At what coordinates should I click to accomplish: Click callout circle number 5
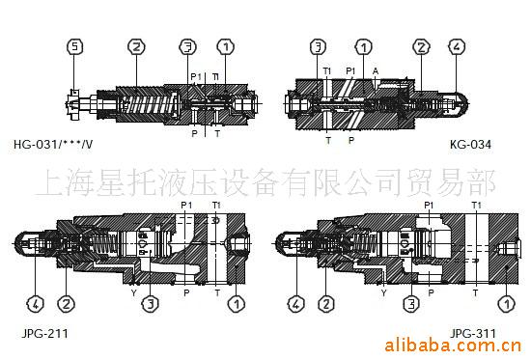tap(74, 45)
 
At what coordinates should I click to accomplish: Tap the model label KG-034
tap(470, 147)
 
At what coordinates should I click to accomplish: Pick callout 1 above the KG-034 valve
tap(363, 45)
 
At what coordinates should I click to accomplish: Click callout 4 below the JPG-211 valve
tap(34, 305)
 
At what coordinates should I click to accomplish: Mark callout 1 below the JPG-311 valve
tap(508, 305)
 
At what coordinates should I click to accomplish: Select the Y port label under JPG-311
tap(383, 291)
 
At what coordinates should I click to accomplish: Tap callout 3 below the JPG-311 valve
tap(412, 305)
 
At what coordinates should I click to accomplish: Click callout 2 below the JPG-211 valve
tap(66, 305)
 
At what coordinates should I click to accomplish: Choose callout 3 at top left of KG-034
tap(317, 45)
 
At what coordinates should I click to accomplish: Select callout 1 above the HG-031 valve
tap(224, 45)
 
